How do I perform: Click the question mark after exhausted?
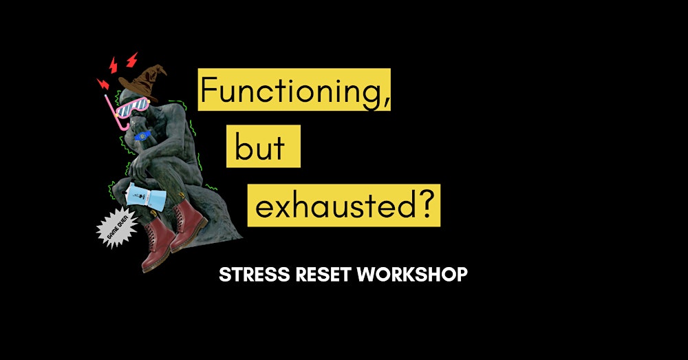428,204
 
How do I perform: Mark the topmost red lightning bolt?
131,60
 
